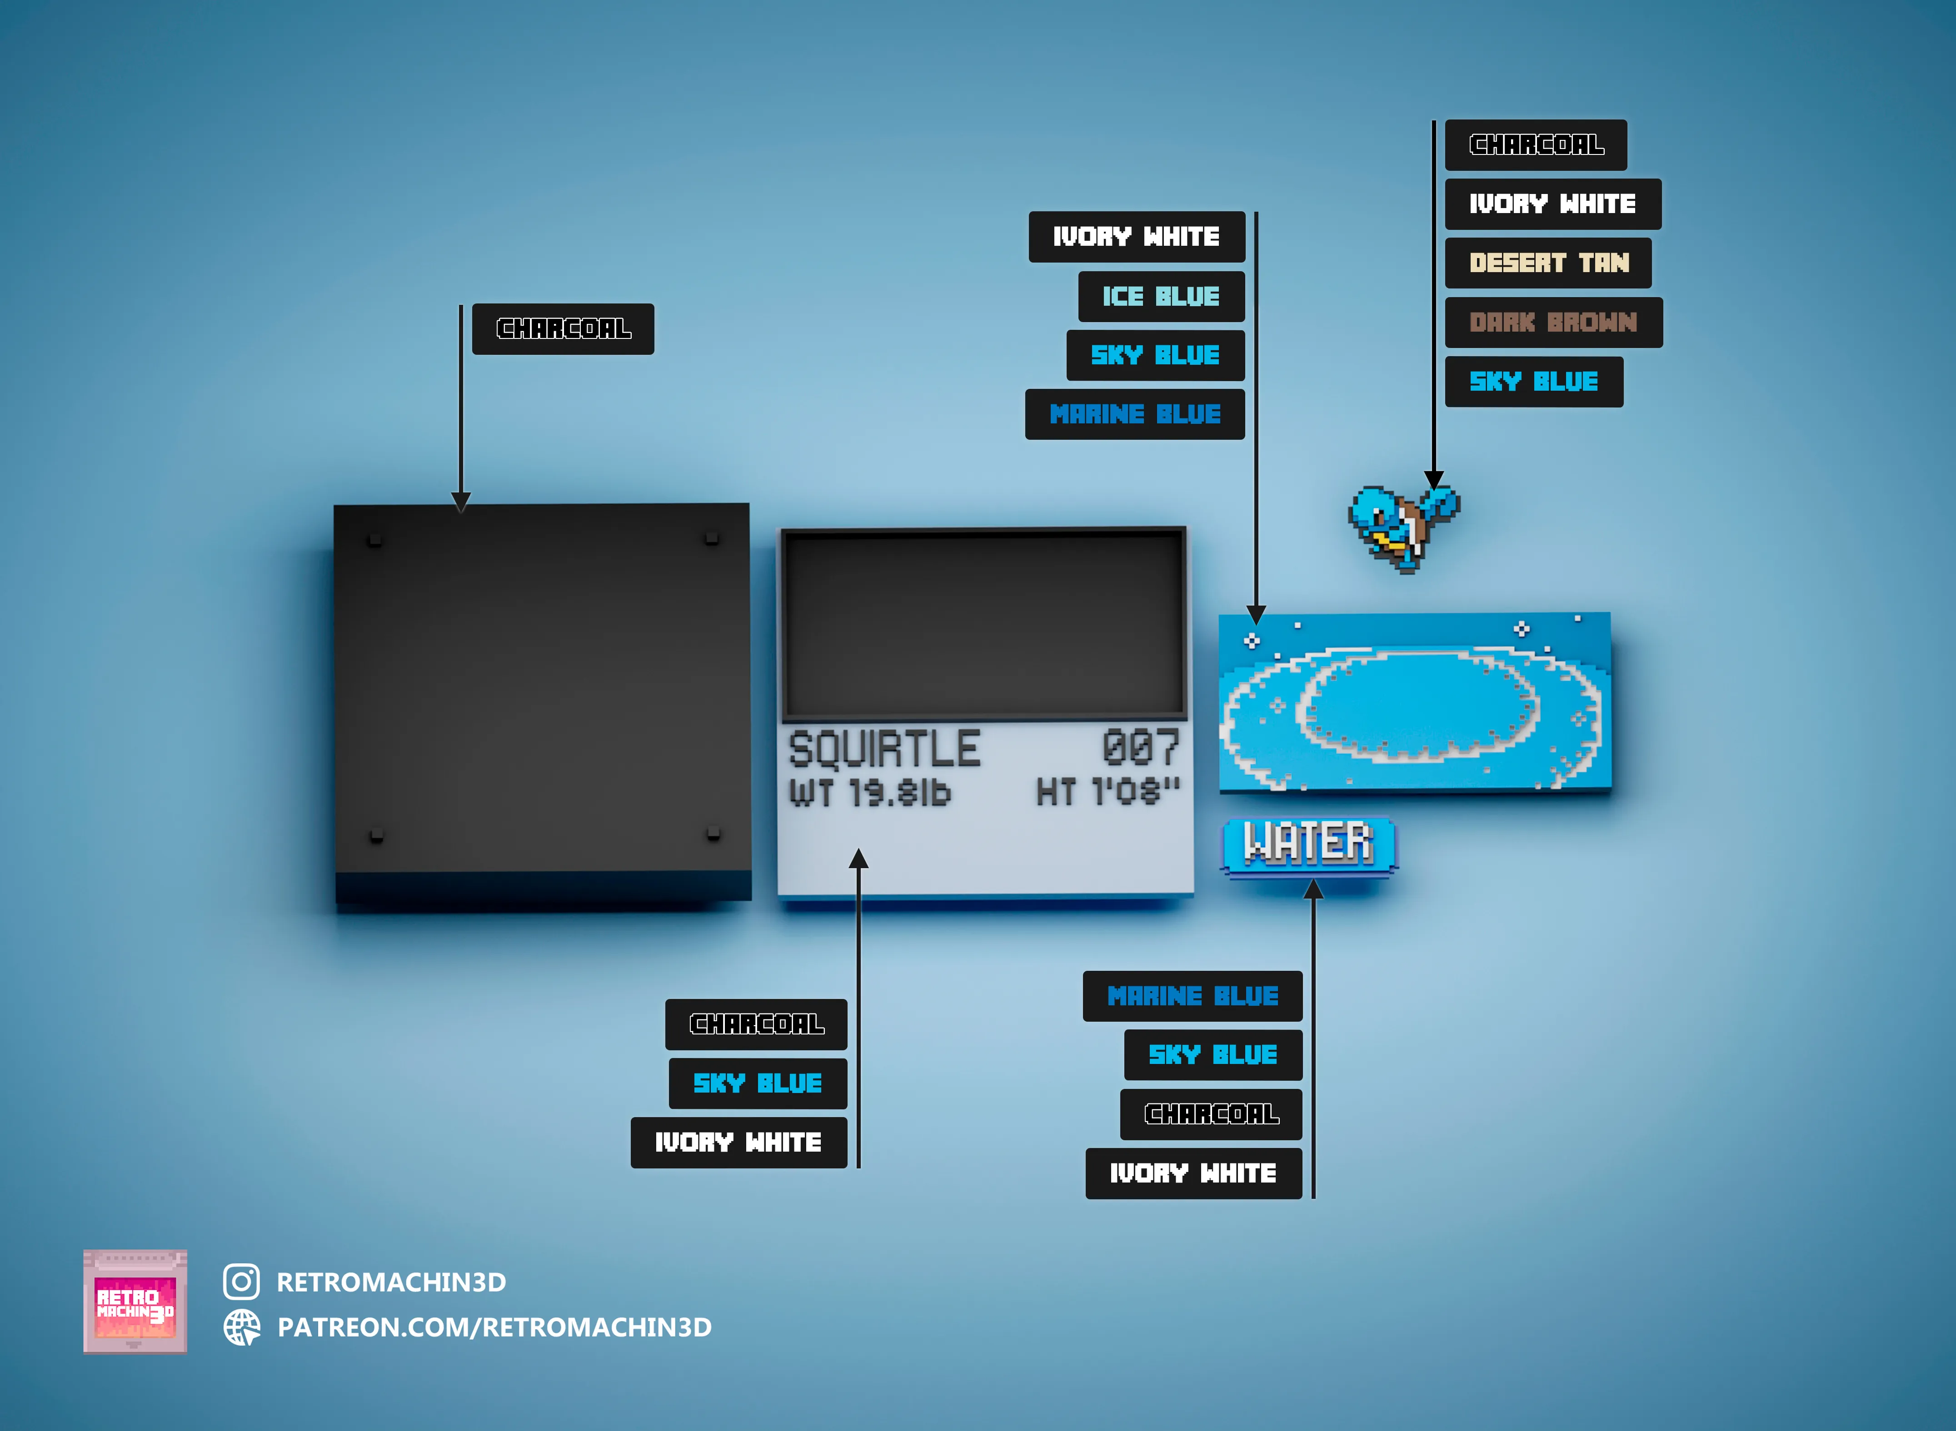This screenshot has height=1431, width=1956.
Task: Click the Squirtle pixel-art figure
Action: click(x=1402, y=527)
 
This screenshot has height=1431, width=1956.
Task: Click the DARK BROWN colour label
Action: click(x=1553, y=322)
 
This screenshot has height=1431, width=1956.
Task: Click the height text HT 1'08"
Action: click(x=1108, y=792)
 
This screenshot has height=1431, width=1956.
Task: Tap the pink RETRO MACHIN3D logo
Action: click(x=135, y=1301)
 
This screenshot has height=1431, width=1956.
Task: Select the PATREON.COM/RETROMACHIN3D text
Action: click(x=494, y=1327)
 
